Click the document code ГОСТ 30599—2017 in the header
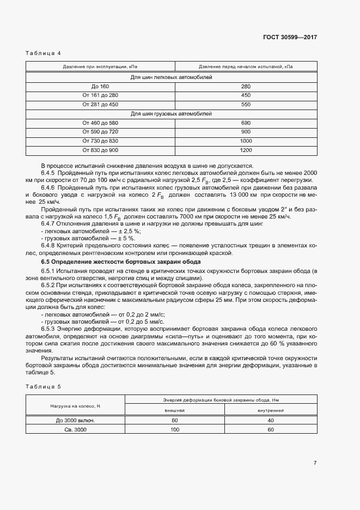click(x=290, y=38)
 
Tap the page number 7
click(x=315, y=463)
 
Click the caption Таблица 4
click(x=43, y=53)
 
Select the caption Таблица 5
click(x=43, y=386)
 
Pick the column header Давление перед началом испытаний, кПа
click(x=246, y=67)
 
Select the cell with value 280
click(x=246, y=86)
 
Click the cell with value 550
click(x=246, y=104)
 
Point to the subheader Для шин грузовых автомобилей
click(x=171, y=113)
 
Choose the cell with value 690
click(x=246, y=123)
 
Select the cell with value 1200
click(x=246, y=150)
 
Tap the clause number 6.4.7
click(x=50, y=224)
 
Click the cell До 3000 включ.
click(x=76, y=420)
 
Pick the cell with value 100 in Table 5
click(x=175, y=429)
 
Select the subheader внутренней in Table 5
click(x=270, y=410)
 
